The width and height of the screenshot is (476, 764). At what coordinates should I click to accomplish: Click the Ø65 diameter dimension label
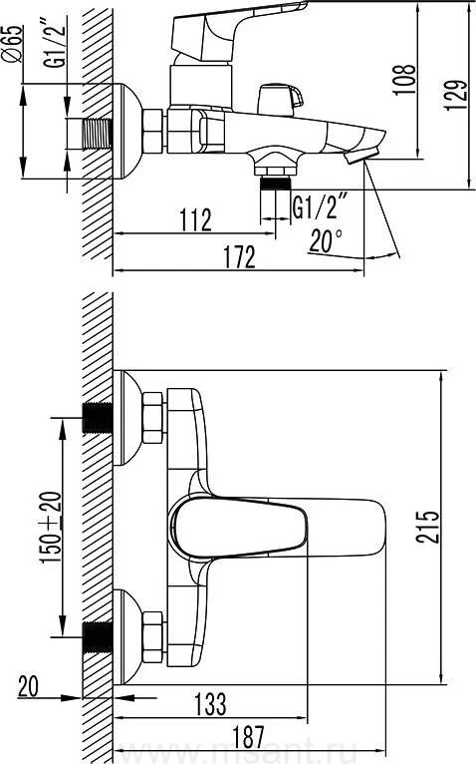[x=14, y=43]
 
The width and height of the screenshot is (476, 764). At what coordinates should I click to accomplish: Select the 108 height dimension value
[x=404, y=80]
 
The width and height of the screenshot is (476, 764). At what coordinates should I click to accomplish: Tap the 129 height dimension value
[x=455, y=95]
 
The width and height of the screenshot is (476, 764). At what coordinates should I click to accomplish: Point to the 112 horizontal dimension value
[x=195, y=219]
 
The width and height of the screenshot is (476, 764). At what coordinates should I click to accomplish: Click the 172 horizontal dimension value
[x=239, y=256]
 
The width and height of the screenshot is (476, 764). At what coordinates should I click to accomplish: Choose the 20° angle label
[x=326, y=240]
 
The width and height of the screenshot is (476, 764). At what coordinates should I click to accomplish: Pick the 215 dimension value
[x=427, y=527]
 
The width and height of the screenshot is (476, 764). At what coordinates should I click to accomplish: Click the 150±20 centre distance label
[x=51, y=529]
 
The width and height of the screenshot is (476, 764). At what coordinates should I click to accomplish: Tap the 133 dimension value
[x=210, y=704]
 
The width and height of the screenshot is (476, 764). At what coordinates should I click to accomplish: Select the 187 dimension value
[x=248, y=737]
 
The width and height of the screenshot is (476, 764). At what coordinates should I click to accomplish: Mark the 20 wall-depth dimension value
[x=28, y=686]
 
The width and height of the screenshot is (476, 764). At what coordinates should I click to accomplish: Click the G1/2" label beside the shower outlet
[x=321, y=206]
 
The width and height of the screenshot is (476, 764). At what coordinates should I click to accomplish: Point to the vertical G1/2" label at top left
[x=55, y=43]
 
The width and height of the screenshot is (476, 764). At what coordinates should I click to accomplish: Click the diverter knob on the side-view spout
[x=280, y=100]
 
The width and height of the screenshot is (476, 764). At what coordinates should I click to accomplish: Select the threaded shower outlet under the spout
[x=276, y=184]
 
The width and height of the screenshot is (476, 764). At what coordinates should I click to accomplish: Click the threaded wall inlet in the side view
[x=98, y=134]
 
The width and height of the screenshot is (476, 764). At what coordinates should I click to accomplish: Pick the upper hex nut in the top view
[x=152, y=418]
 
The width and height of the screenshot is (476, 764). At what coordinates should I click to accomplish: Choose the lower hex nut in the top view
[x=152, y=636]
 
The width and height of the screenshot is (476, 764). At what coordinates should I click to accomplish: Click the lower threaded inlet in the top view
[x=98, y=636]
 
